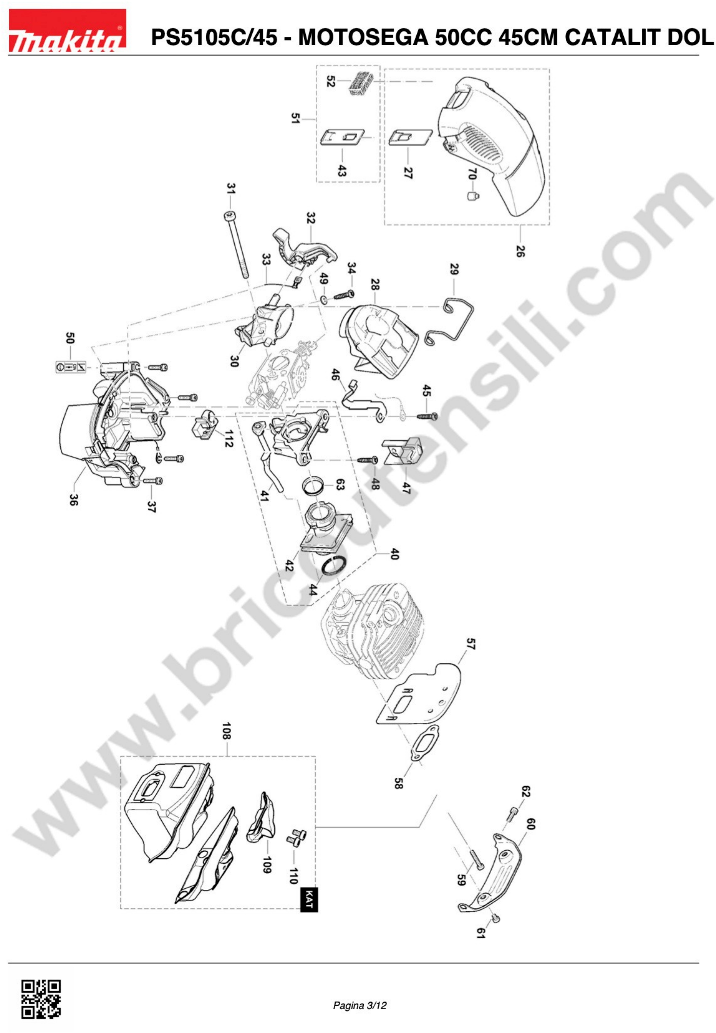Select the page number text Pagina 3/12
pyautogui.click(x=360, y=1006)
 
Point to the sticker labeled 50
pyautogui.click(x=70, y=367)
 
